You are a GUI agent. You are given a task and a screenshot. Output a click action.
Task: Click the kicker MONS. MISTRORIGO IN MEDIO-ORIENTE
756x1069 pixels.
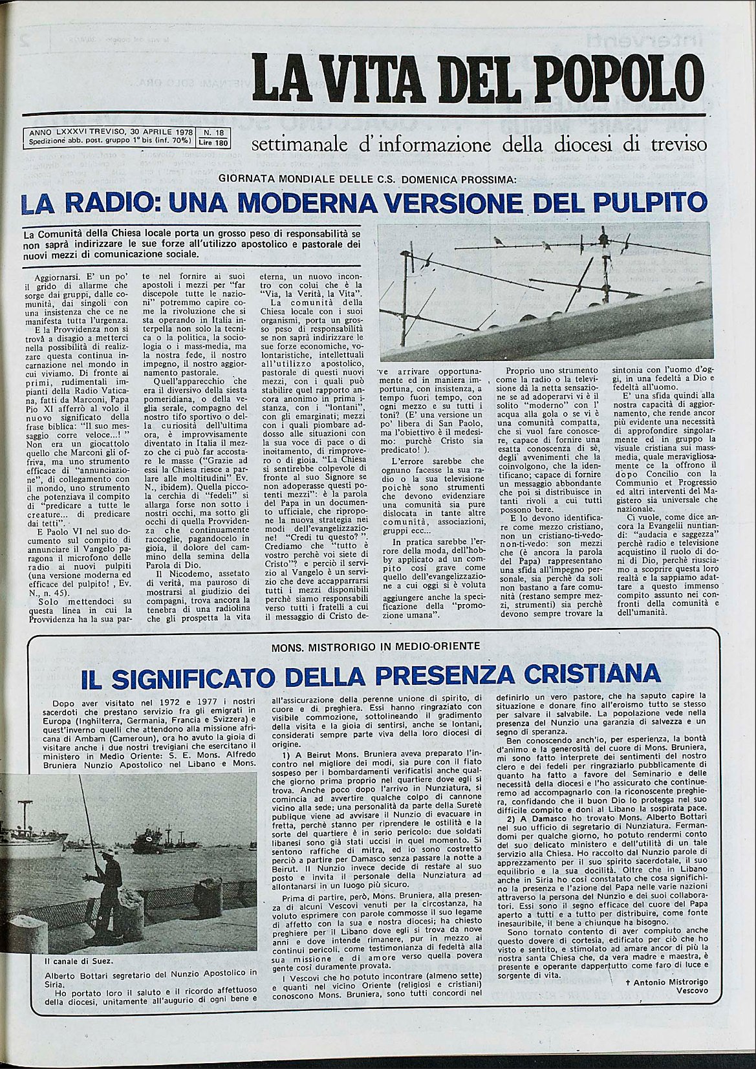376,645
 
